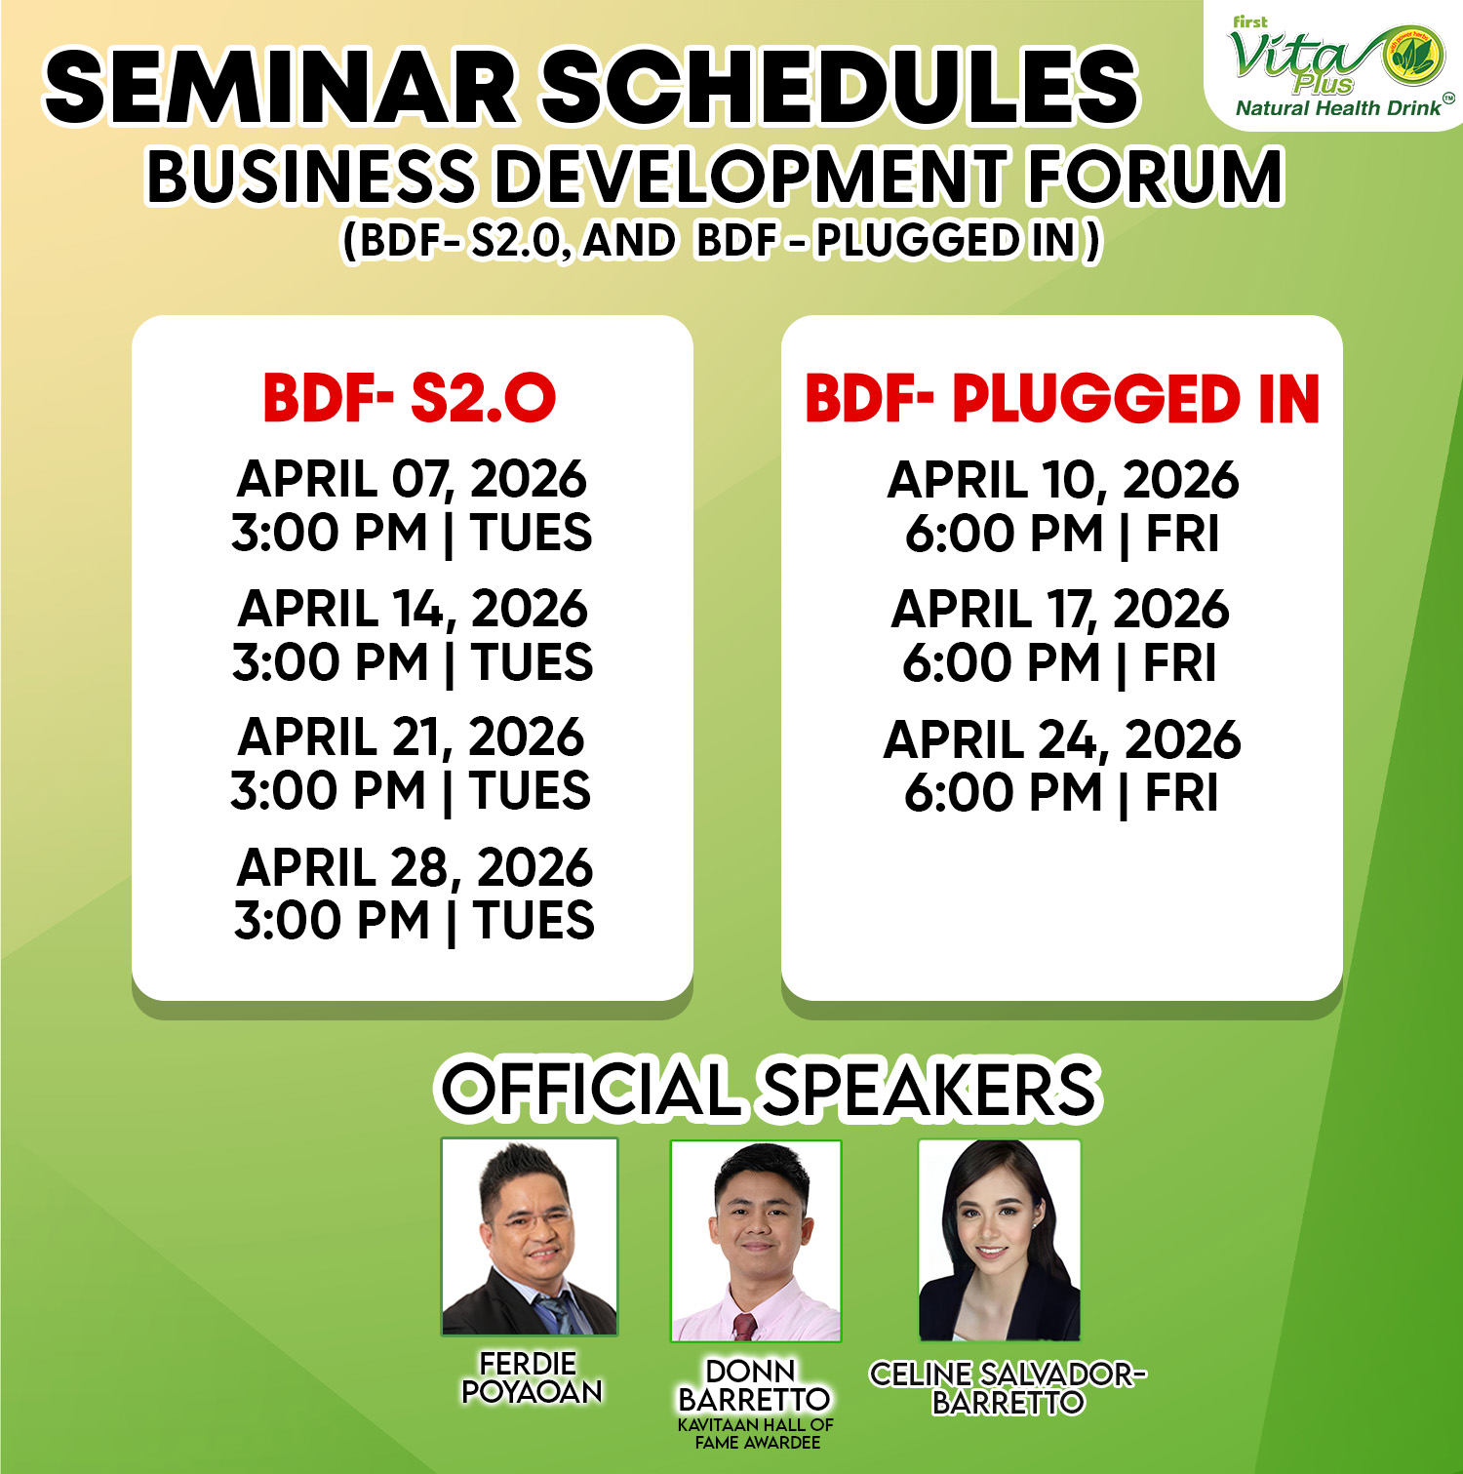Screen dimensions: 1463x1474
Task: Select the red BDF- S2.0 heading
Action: pos(410,398)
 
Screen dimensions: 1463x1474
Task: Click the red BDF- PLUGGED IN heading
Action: pos(1062,399)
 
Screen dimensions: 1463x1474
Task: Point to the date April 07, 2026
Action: pos(412,479)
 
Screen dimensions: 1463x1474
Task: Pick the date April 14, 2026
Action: pos(413,609)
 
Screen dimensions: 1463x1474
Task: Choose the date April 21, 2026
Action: pos(411,737)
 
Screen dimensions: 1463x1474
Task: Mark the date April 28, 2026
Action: pos(415,867)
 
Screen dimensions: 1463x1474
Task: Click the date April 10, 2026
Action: pos(1063,480)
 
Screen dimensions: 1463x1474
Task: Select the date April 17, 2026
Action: pos(1060,610)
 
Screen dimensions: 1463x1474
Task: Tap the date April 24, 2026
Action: pos(1062,739)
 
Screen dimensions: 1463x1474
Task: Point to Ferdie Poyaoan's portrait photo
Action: pos(530,1236)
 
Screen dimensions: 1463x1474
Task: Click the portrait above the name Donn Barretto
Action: pos(756,1241)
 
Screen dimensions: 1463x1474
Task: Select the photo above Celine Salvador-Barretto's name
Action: pos(1000,1240)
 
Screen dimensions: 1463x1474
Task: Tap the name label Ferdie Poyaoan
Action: pos(532,1377)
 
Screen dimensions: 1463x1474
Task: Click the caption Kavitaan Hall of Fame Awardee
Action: pos(756,1433)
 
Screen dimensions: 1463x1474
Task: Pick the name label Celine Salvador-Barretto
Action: pos(1008,1388)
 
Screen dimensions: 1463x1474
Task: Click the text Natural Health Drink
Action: pos(1338,108)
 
